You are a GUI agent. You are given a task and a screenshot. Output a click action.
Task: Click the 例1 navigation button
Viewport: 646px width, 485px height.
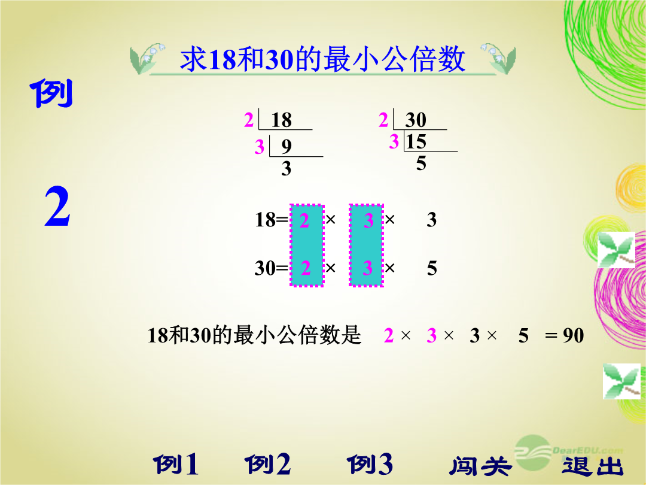(176, 465)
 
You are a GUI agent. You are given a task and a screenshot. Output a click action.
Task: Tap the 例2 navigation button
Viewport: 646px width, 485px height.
(268, 465)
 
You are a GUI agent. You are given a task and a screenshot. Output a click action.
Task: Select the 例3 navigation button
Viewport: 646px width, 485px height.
(370, 465)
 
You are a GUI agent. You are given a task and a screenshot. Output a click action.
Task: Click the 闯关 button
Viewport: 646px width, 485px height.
(480, 466)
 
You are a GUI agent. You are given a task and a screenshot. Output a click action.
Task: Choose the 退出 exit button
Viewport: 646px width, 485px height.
(592, 466)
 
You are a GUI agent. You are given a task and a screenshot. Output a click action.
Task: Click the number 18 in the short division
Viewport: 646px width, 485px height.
(281, 120)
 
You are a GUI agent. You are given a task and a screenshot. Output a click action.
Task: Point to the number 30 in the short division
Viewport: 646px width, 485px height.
(415, 120)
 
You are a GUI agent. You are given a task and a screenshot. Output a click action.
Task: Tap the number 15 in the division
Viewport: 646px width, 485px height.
(416, 142)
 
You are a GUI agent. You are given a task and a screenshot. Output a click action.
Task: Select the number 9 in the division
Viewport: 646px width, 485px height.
(287, 147)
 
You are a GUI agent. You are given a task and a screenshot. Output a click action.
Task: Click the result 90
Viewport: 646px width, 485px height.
(574, 336)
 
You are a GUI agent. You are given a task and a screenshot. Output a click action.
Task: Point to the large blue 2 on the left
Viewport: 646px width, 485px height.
(57, 206)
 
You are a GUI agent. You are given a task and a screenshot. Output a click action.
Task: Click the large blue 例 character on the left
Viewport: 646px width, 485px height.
(51, 93)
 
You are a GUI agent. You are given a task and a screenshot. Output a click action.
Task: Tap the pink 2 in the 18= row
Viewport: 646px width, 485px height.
(304, 220)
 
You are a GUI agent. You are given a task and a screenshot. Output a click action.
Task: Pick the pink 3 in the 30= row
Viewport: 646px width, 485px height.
(368, 268)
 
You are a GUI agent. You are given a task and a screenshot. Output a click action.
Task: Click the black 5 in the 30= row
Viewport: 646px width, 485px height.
(432, 268)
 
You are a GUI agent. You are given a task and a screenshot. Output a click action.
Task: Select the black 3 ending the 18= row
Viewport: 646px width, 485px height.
(431, 220)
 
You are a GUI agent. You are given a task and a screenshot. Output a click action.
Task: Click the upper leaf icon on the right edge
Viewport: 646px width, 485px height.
(616, 250)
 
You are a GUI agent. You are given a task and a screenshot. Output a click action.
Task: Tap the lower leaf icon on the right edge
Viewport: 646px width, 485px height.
(621, 381)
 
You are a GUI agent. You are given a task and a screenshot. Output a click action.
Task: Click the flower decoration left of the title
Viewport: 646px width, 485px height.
(147, 59)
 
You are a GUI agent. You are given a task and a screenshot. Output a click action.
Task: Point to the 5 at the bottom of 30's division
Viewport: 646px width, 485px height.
(421, 163)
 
